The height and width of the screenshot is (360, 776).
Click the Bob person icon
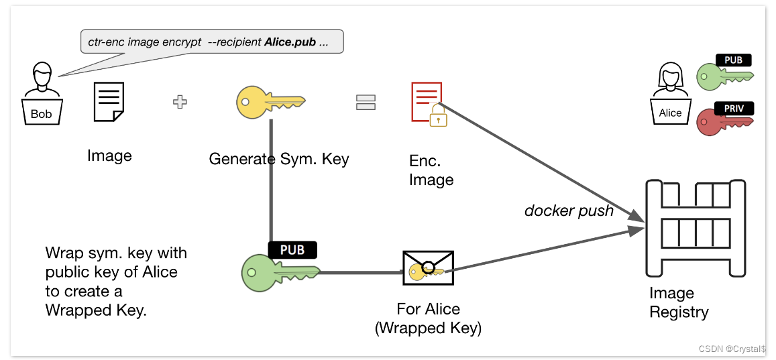[x=42, y=93]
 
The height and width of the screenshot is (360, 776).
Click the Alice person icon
[x=670, y=93]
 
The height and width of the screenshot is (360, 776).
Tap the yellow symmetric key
[x=270, y=103]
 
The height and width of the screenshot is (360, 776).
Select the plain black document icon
[x=109, y=101]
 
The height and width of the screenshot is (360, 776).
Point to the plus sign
[x=180, y=102]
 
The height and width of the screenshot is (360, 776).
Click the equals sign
[x=366, y=102]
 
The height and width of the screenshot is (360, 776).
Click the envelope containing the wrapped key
[x=428, y=267]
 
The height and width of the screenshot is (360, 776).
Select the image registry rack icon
[x=696, y=228]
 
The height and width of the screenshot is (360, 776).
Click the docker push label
[x=569, y=211]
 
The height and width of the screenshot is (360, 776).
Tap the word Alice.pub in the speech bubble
[x=290, y=42]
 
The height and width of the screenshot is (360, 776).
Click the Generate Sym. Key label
[x=278, y=159]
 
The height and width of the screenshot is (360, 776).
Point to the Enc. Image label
[x=431, y=170]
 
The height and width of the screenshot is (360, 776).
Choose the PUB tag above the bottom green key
[x=292, y=250]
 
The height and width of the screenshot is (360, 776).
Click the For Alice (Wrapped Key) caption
[x=428, y=318]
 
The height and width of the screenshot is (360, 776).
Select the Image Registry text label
[x=679, y=302]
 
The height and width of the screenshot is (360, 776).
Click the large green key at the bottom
[x=280, y=272]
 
